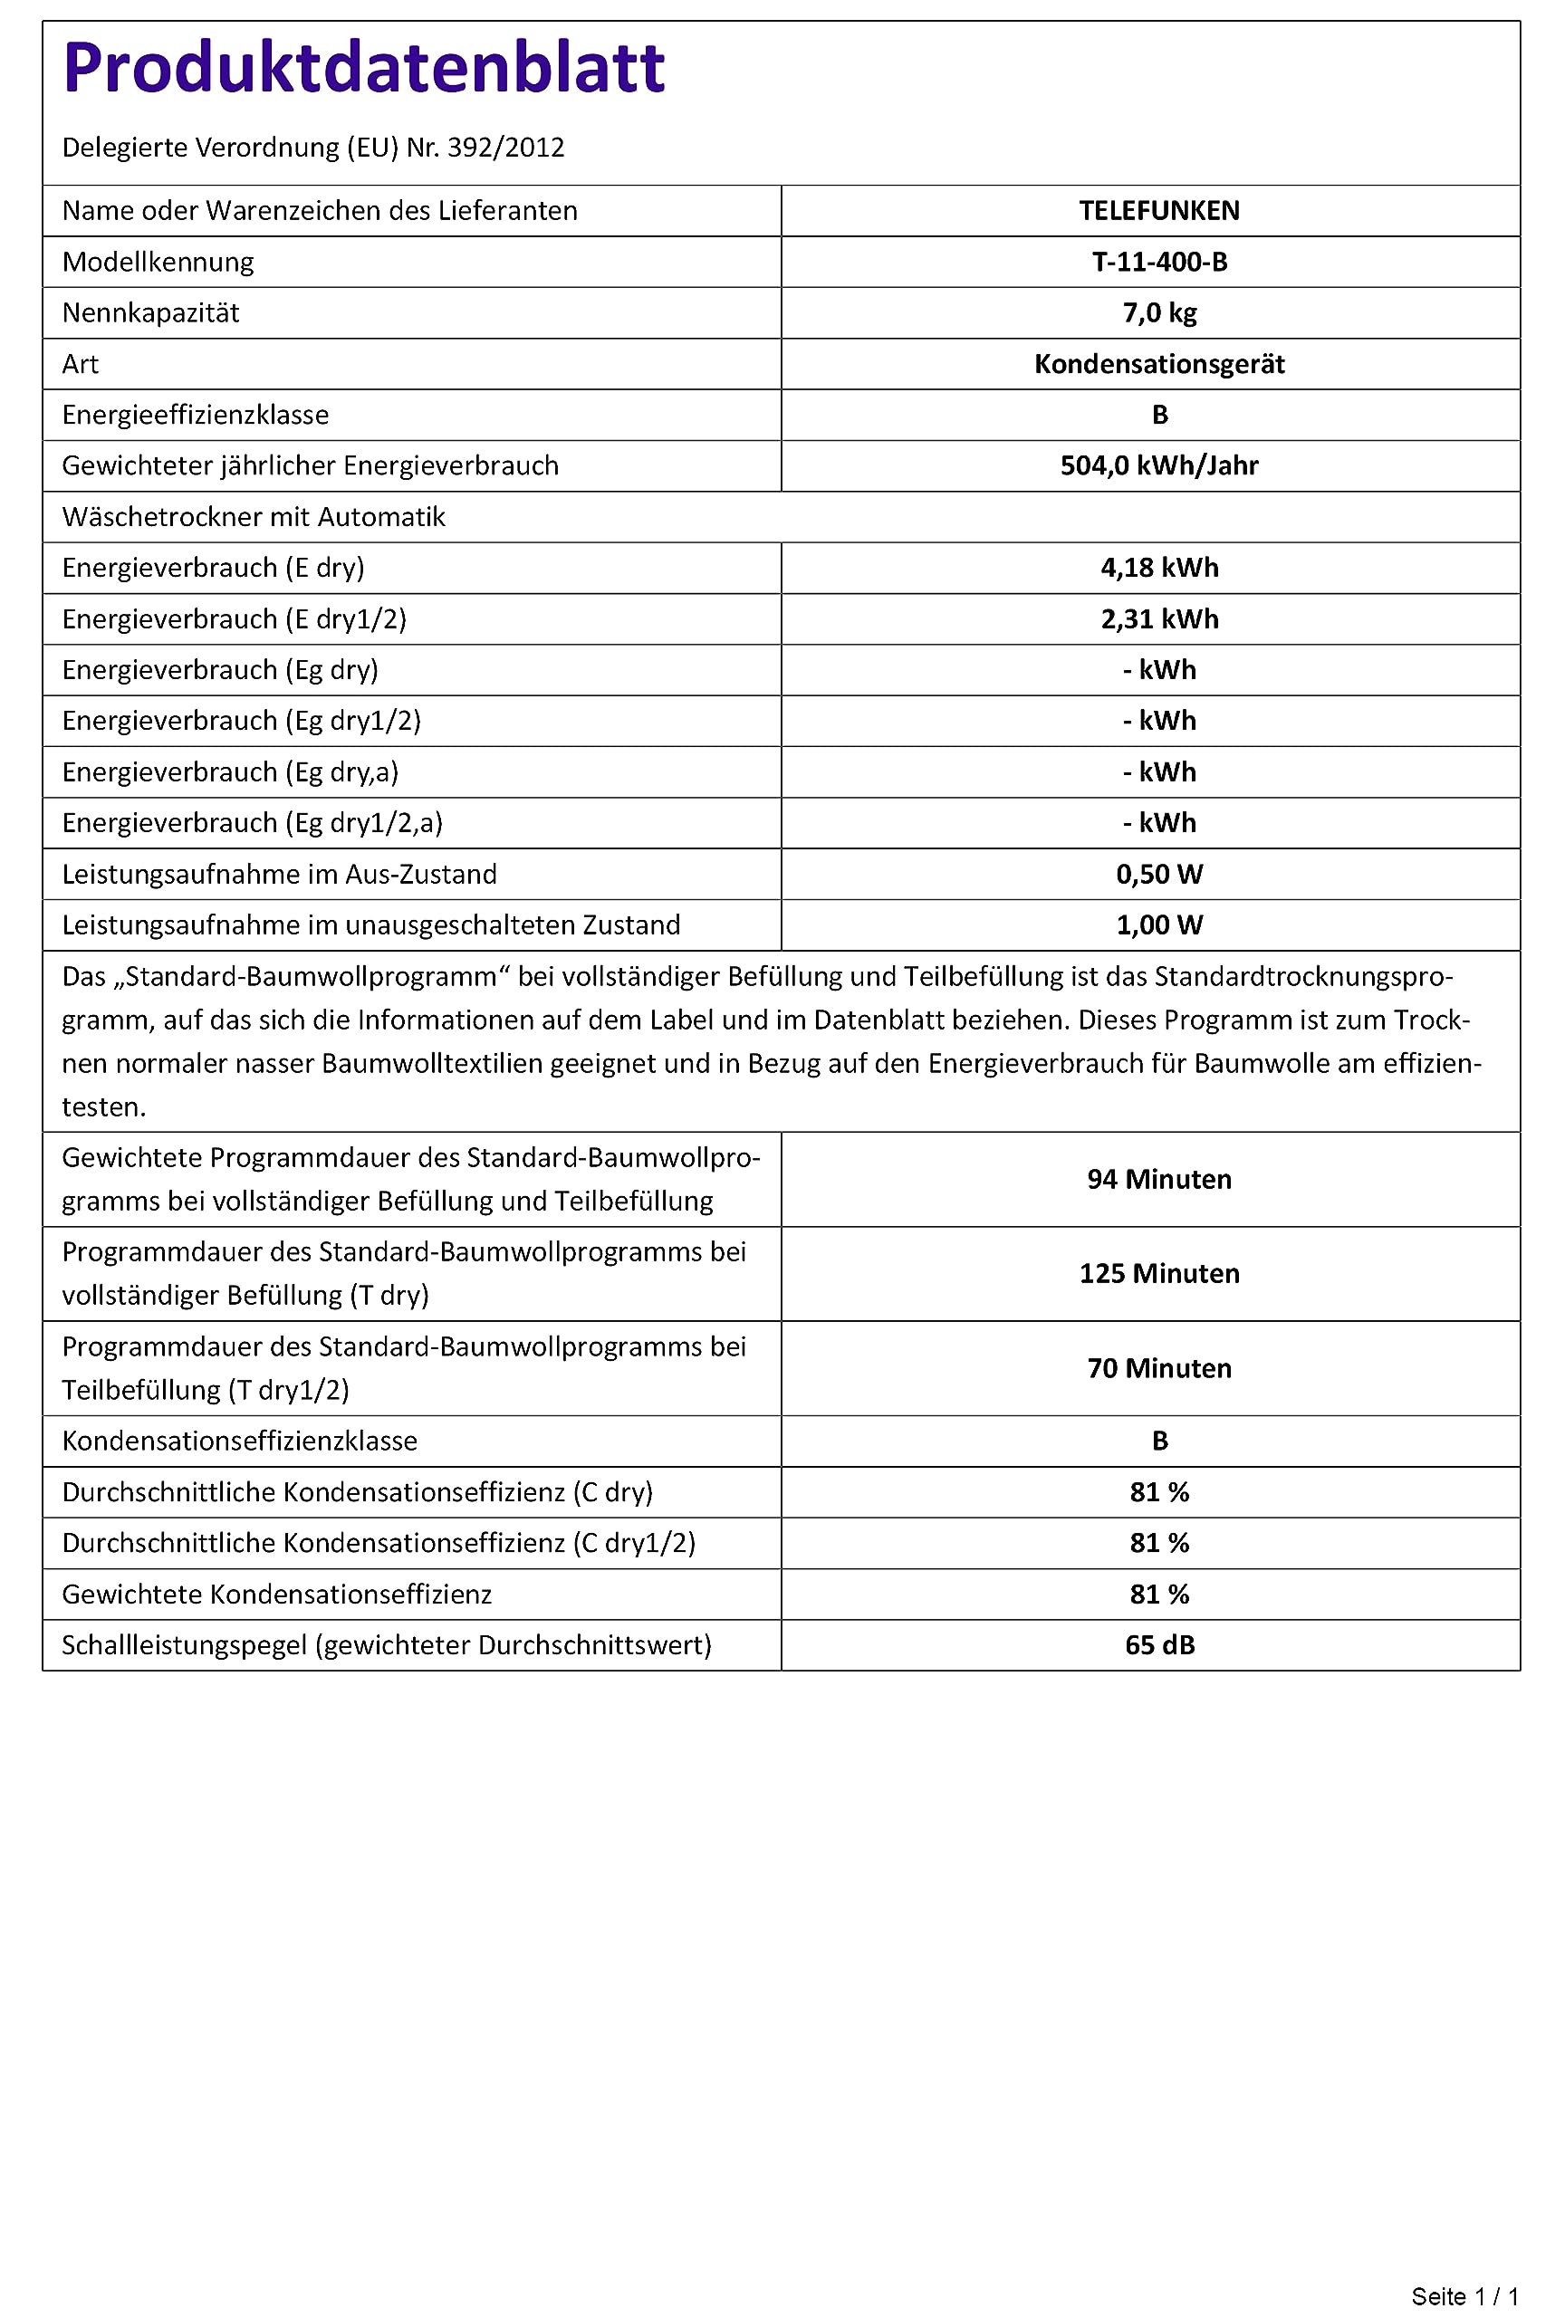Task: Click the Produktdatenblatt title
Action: pos(363,69)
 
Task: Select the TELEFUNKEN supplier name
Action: pos(1159,210)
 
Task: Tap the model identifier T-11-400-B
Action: pos(1159,263)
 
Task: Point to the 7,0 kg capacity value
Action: pos(1159,313)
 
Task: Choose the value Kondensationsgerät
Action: pos(1159,364)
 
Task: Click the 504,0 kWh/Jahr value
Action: pos(1159,465)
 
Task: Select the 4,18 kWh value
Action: pos(1159,568)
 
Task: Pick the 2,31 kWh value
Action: pos(1159,619)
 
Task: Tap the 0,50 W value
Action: pos(1159,875)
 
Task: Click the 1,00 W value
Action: pos(1159,925)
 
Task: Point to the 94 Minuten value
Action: pos(1159,1179)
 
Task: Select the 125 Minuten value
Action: pos(1159,1274)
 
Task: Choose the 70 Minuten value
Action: pos(1159,1368)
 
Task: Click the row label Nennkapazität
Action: pos(150,313)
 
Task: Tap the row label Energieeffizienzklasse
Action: pos(196,415)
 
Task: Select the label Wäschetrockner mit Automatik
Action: pos(254,517)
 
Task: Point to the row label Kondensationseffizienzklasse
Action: pos(239,1441)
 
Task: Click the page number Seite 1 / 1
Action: pos(1464,2296)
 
